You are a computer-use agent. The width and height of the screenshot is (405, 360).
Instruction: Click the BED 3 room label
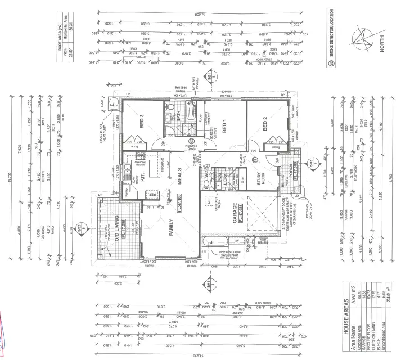(x=142, y=122)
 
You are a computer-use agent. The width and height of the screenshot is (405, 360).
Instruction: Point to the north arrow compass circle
(x=361, y=39)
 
